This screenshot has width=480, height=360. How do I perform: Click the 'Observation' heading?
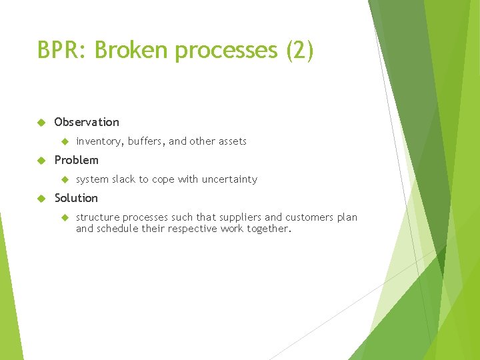87,122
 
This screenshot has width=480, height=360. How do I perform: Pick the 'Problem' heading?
76,160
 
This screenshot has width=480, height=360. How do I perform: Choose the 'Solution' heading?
76,198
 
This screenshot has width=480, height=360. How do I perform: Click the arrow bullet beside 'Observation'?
41,122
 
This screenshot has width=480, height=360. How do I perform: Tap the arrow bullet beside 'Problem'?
41,160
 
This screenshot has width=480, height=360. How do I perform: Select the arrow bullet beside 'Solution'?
41,198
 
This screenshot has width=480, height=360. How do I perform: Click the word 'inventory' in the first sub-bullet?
99,141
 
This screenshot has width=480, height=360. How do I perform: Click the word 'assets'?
232,141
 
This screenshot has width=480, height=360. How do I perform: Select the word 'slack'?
124,179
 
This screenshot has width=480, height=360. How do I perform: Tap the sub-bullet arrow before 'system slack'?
65,179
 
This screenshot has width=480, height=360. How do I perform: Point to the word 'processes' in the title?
226,50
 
